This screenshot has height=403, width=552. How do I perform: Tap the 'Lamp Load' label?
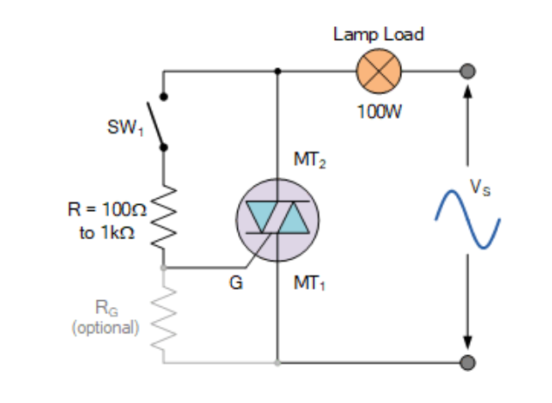378,35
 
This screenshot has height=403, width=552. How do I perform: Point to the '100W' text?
378,113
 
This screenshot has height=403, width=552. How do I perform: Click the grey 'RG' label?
105,306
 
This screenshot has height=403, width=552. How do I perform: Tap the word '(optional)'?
105,329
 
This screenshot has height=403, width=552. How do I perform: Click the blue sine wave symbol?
468,219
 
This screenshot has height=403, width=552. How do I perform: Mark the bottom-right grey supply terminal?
468,362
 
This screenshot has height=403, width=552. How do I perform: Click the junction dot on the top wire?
277,72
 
